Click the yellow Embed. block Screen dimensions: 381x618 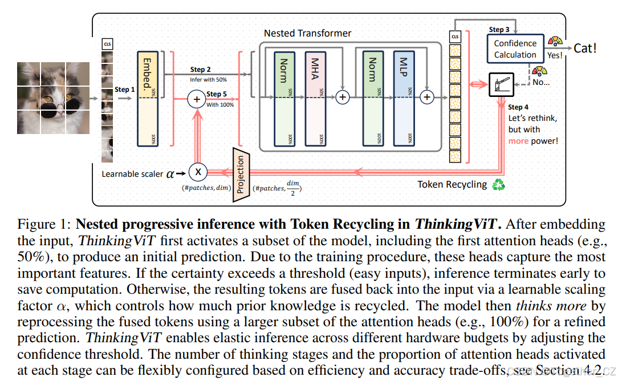147,99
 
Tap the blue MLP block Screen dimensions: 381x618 404,99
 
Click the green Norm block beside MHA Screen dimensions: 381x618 283,99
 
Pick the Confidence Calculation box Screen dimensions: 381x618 515,49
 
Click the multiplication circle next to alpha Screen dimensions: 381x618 198,171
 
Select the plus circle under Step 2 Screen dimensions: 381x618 197,100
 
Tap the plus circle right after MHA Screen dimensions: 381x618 342,98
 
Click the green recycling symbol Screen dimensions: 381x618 499,184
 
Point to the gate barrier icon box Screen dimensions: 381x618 502,85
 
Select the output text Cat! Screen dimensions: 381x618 584,48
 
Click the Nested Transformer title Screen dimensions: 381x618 307,33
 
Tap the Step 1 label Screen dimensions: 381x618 125,90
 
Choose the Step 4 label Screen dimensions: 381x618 518,107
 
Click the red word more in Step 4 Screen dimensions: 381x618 518,140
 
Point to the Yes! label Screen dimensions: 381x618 555,56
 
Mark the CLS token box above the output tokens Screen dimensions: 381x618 455,37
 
